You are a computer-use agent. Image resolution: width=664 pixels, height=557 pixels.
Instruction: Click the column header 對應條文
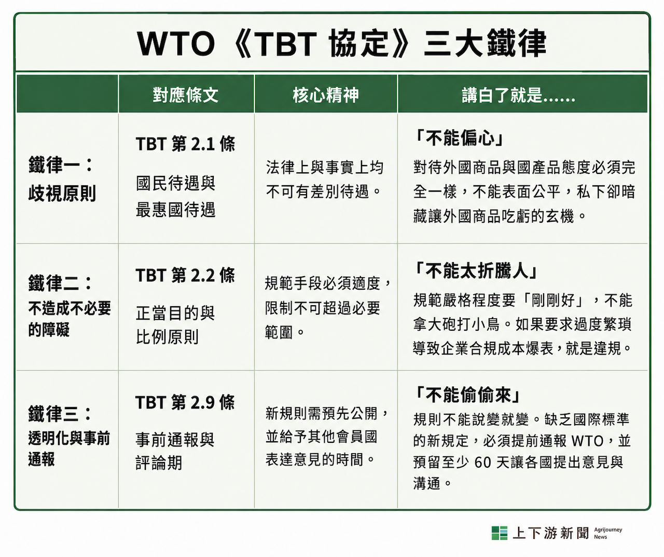tap(185, 94)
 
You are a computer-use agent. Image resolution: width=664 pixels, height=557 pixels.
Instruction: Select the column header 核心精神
tap(326, 94)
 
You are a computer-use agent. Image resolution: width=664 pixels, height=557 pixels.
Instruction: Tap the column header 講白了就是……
tap(519, 95)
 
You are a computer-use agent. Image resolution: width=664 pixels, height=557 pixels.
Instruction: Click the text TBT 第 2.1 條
tap(185, 144)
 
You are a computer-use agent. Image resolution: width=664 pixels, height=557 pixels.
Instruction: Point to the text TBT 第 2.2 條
tap(185, 275)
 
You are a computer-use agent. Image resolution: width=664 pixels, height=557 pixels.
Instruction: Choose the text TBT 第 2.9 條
tap(185, 402)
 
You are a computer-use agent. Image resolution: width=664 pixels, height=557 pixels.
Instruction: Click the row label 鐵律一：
tap(60, 165)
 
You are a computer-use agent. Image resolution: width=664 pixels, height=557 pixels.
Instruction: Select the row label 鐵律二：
tap(60, 282)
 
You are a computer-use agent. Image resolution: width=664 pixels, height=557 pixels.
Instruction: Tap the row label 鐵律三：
tap(60, 413)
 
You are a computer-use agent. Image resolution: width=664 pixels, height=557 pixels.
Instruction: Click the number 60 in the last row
tap(483, 463)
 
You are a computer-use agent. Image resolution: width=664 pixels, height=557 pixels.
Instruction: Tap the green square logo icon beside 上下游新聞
tap(499, 533)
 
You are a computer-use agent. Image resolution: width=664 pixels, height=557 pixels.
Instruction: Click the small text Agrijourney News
tap(608, 533)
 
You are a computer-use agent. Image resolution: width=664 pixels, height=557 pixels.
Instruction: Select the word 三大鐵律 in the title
tap(485, 43)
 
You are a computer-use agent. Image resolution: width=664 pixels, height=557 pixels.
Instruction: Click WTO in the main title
tap(176, 44)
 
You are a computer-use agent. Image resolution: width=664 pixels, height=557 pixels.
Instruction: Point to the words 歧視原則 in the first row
tap(62, 193)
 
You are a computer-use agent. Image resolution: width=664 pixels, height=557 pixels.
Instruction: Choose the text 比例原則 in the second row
tap(167, 337)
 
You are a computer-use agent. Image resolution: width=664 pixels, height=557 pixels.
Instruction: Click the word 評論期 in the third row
tap(159, 463)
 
